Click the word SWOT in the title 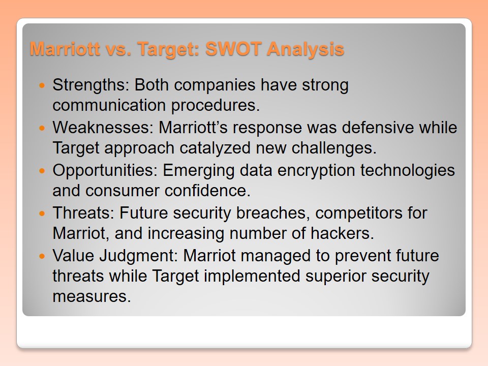pyautogui.click(x=233, y=49)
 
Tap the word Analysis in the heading pyautogui.click(x=306, y=49)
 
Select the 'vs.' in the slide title pyautogui.click(x=118, y=49)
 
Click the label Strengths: pyautogui.click(x=91, y=85)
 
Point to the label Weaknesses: pyautogui.click(x=103, y=127)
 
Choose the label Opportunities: pyautogui.click(x=105, y=171)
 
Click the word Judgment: pyautogui.click(x=138, y=256)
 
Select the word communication pyautogui.click(x=109, y=105)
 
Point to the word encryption pyautogui.click(x=316, y=171)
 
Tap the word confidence pyautogui.click(x=207, y=191)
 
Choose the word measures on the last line pyautogui.click(x=91, y=296)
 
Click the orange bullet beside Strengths pyautogui.click(x=43, y=85)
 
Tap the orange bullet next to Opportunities pyautogui.click(x=43, y=171)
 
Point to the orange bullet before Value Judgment pyautogui.click(x=43, y=256)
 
